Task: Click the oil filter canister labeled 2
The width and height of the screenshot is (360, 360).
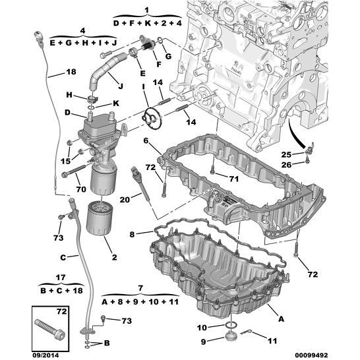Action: pos(99,218)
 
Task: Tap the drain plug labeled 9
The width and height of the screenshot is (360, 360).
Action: pos(231,337)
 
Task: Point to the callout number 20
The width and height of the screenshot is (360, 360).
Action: pos(125,200)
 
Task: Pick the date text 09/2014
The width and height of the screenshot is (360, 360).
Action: pos(45,355)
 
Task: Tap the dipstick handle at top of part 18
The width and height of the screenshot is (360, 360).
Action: pos(39,38)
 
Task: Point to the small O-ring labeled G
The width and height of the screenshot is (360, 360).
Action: pos(160,40)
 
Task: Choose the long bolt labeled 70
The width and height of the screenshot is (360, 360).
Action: pos(74,170)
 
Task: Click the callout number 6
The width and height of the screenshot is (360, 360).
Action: pos(146,140)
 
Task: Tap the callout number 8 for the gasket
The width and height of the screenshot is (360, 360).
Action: pos(132,234)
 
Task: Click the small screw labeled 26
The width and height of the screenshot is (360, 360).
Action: pos(307,161)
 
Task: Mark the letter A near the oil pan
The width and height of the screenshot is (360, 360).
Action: pos(281,318)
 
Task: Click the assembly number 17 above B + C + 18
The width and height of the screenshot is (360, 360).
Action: pos(61,278)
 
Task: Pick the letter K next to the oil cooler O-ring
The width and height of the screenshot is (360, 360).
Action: pos(116,104)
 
